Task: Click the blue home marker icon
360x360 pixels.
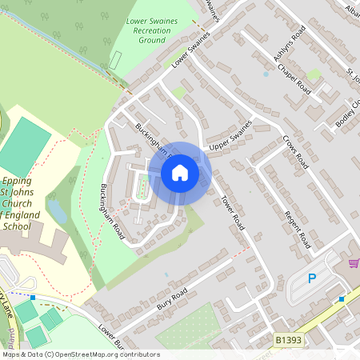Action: tap(180, 173)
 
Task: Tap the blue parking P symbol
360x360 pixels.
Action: tap(313, 278)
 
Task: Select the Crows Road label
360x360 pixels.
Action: tap(295, 150)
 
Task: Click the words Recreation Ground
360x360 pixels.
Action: tap(152, 34)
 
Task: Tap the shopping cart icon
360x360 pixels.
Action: tap(354, 263)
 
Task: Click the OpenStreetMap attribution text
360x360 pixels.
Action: tap(80, 354)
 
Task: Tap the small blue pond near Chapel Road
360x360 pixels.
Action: tap(266, 74)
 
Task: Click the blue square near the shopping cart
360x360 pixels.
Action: tap(342, 298)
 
